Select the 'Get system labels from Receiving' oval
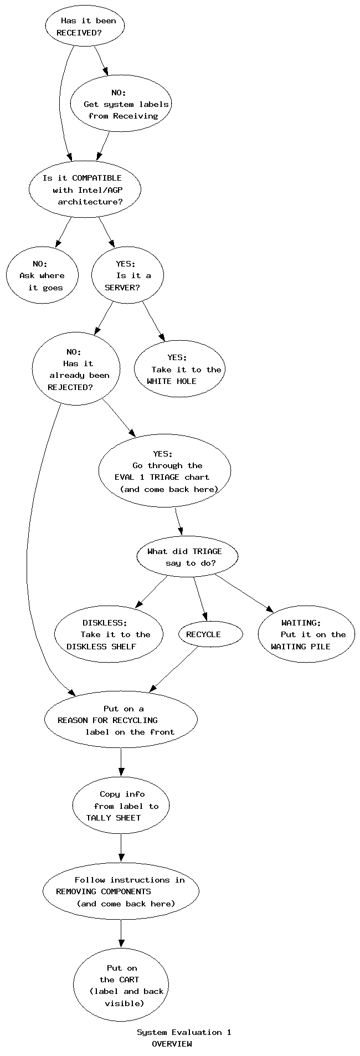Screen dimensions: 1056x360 coord(120,104)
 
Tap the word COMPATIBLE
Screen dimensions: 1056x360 coord(96,178)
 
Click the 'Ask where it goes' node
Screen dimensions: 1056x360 coord(42,275)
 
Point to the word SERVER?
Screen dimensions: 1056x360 coord(122,288)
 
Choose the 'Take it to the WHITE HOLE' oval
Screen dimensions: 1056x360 coord(178,369)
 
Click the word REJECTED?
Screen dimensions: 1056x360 coord(70,387)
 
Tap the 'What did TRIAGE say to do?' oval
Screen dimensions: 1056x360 coord(187,557)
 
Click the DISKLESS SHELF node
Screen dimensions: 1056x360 coord(109,634)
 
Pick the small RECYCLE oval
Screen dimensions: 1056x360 coord(210,634)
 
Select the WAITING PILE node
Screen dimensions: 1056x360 coord(306,634)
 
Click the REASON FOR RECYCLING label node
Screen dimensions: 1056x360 coord(121,720)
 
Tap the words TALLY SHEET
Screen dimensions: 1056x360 coord(114,818)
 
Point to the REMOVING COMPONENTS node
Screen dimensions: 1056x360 coord(121,891)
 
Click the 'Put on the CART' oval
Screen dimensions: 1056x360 coord(121,985)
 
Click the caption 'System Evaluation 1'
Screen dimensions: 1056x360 coord(184,1032)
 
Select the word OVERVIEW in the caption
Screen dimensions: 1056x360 coord(172,1044)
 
